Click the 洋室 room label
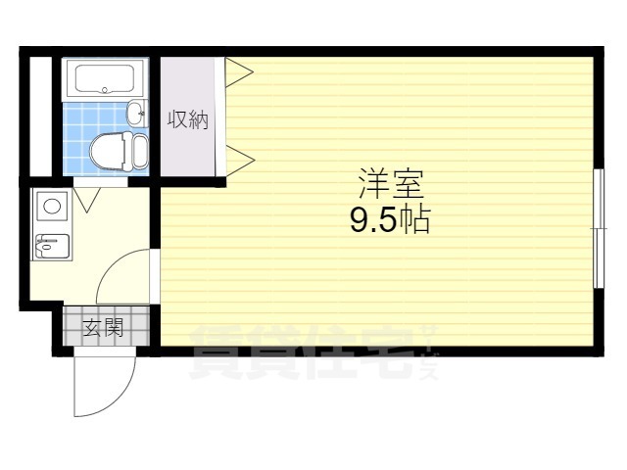[x=391, y=183]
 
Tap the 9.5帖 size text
[x=390, y=219]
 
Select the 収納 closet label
[x=188, y=119]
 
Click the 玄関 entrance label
[x=103, y=328]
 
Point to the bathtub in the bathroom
[x=105, y=78]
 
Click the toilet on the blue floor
[x=119, y=152]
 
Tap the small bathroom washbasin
[x=136, y=114]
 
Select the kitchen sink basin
[x=52, y=246]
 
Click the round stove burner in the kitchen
[x=52, y=207]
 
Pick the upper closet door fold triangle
[x=239, y=72]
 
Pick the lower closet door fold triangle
[x=239, y=161]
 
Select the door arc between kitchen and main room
[x=114, y=263]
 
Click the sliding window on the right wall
[x=599, y=228]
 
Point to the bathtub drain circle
[x=105, y=90]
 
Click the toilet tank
[x=140, y=152]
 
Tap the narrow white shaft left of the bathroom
[x=41, y=117]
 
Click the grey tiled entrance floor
[x=107, y=326]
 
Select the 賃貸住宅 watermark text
[x=301, y=352]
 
